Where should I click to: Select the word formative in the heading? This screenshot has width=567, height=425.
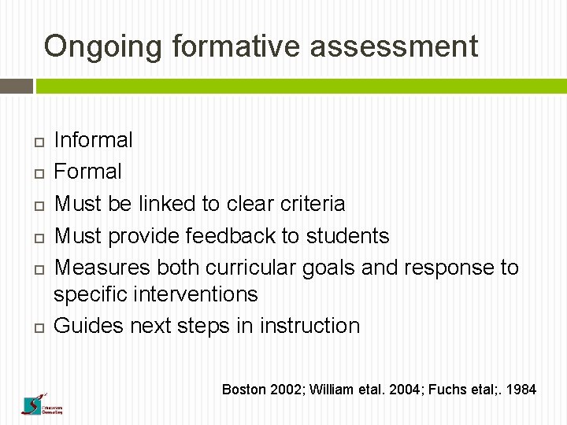[x=235, y=47]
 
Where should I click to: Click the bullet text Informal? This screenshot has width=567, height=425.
[x=93, y=140]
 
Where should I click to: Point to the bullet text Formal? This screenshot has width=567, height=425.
[x=87, y=172]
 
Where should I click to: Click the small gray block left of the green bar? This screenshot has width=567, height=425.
[x=16, y=85]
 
